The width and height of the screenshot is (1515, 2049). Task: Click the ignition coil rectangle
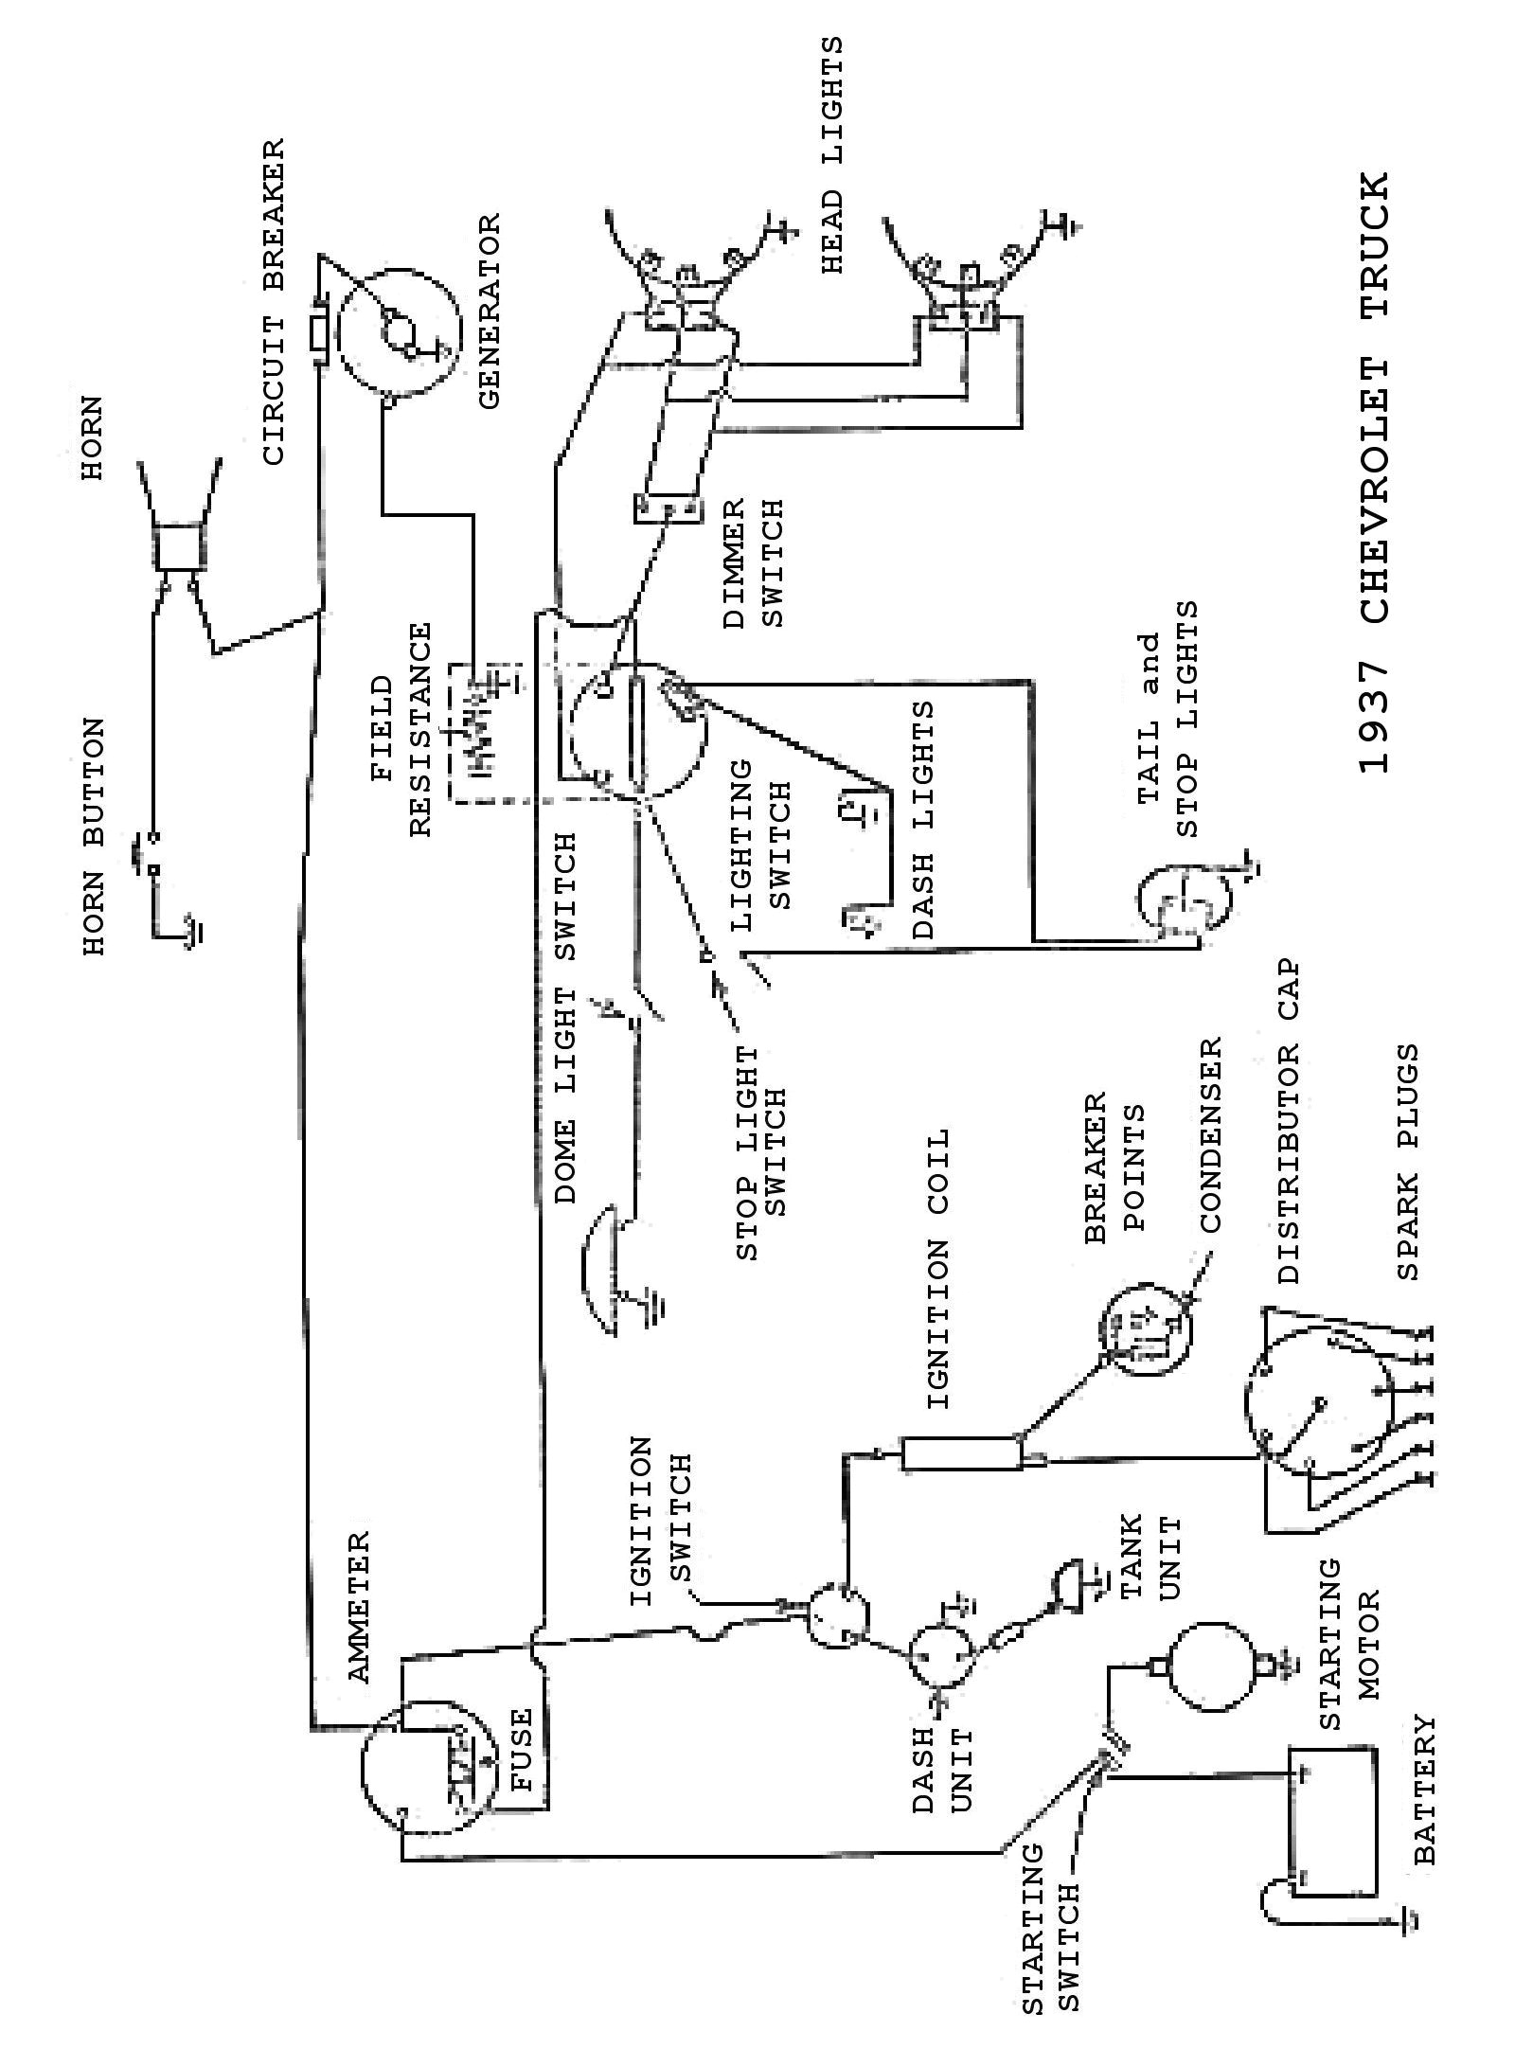tap(961, 1453)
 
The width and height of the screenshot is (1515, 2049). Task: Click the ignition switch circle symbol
tap(838, 1614)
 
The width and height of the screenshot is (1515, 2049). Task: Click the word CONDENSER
tap(1211, 1135)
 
